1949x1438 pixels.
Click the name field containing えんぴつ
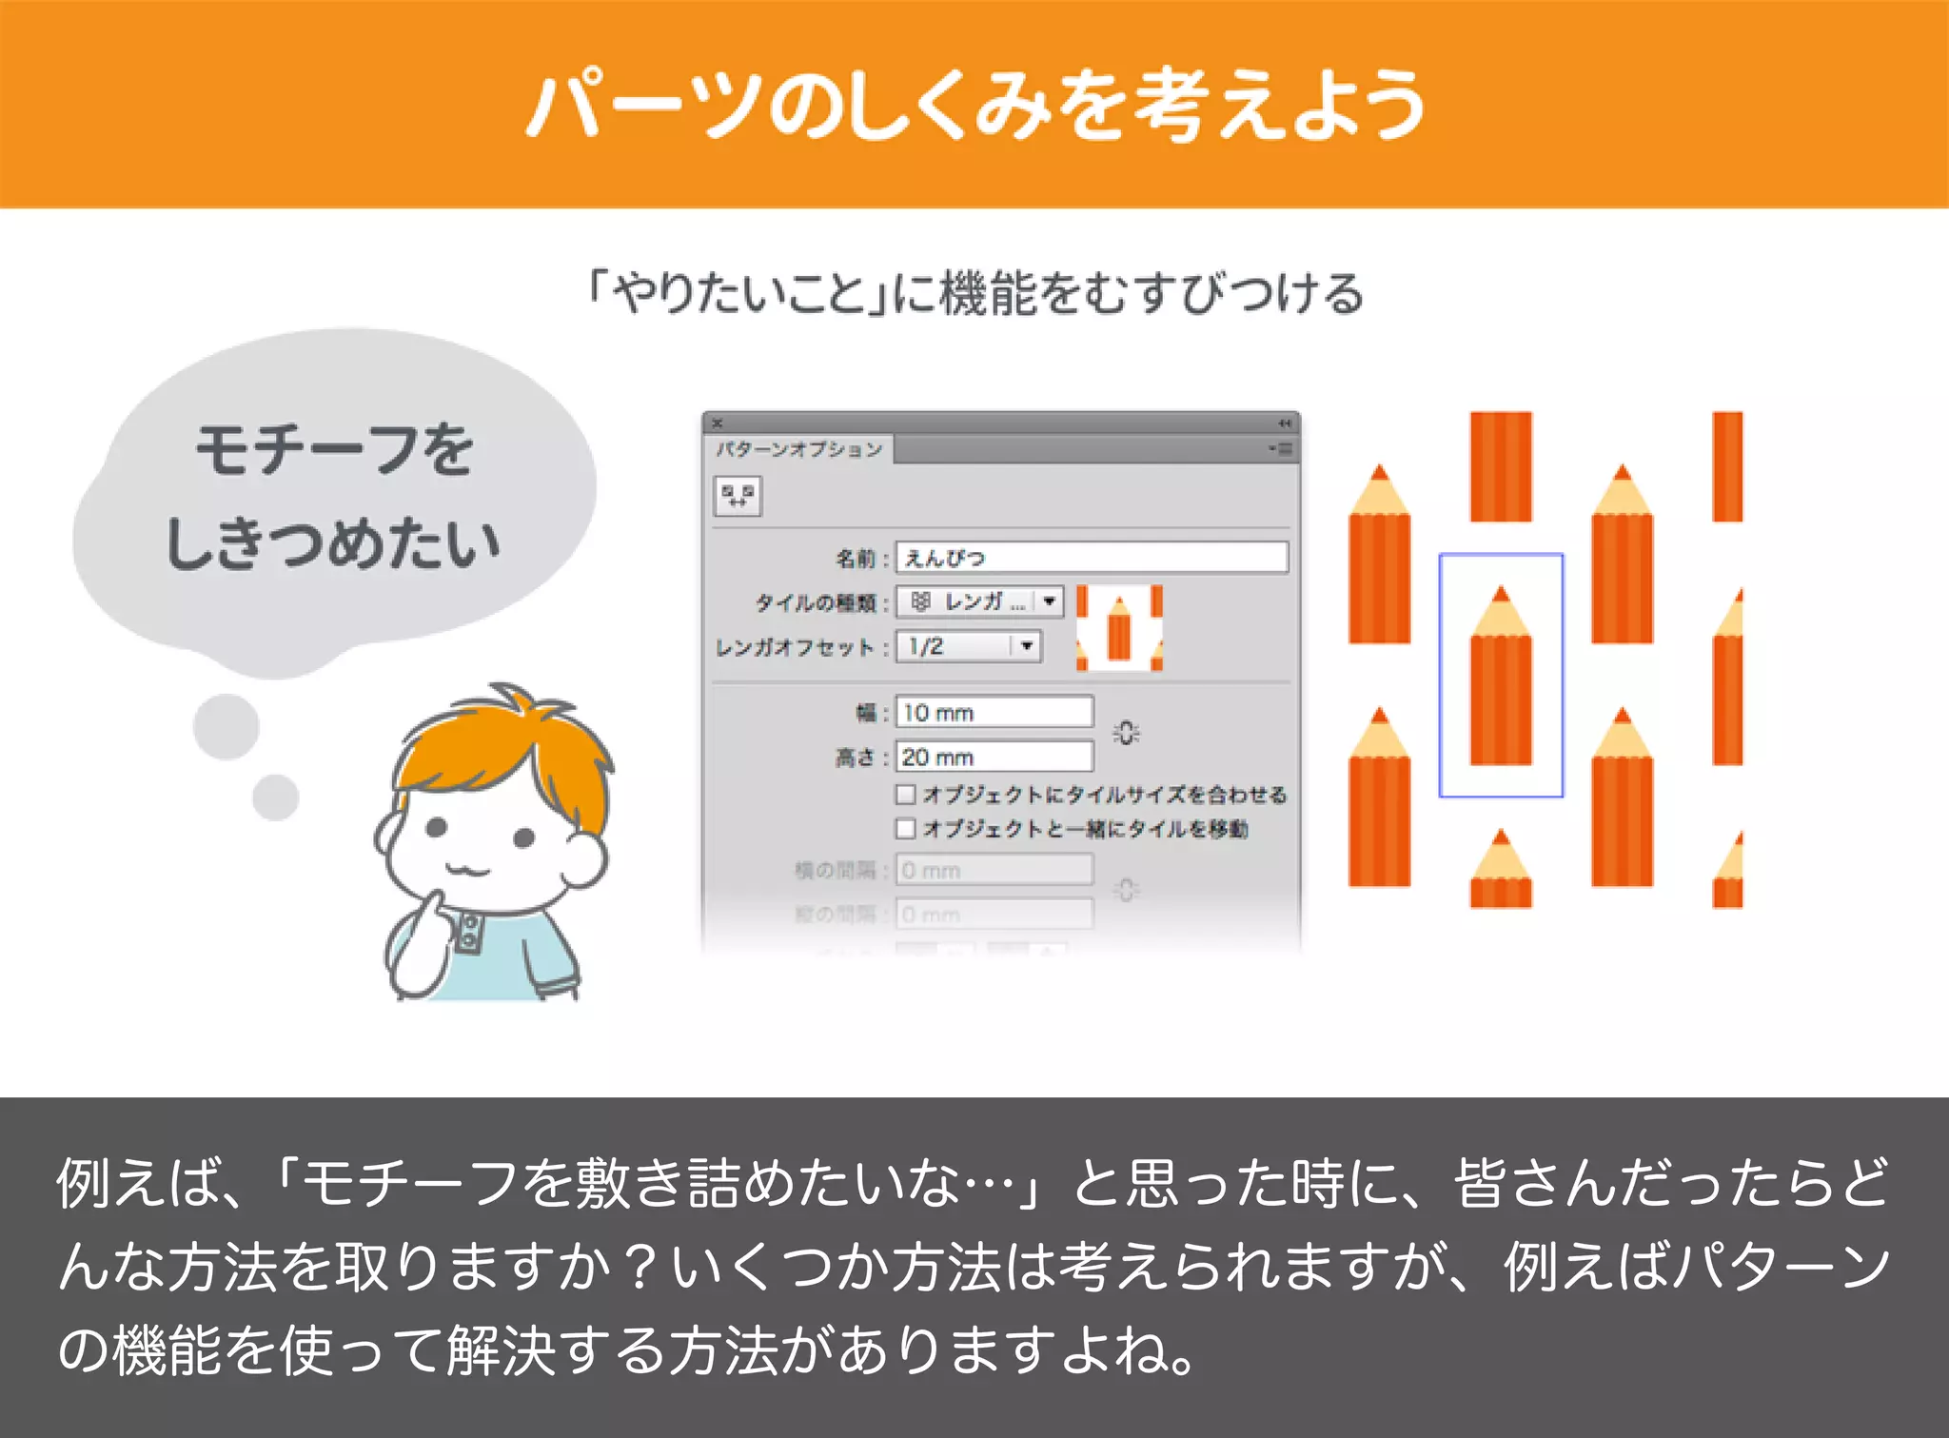pos(1092,558)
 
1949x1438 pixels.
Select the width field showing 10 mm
pos(994,713)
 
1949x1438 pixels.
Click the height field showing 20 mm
pos(994,758)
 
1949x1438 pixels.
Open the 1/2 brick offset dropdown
pos(1026,647)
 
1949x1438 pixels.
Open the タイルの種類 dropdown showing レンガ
pos(1049,601)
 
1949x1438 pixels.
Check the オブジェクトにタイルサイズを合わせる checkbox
pos(906,795)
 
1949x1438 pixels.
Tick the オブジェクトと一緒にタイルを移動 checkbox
pos(906,829)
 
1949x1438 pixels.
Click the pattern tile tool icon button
pos(738,496)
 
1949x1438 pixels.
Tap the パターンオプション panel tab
pos(799,449)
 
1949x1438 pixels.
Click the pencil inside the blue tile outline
pos(1501,680)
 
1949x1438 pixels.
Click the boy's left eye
pos(437,827)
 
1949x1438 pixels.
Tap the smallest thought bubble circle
pos(276,798)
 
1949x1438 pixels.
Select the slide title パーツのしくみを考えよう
pos(974,105)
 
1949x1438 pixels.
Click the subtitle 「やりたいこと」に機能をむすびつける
pos(974,293)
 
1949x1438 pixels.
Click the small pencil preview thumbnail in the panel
pos(1119,628)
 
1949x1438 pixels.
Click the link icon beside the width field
pos(1126,734)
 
